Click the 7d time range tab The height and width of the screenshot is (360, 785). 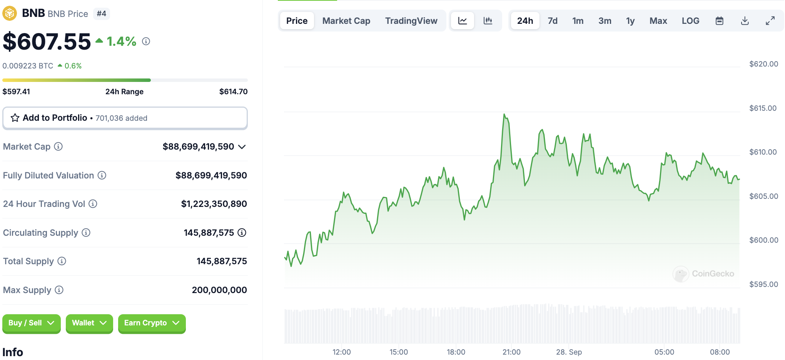553,21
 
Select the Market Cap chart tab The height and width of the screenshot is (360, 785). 346,21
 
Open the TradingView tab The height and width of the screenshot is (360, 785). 411,21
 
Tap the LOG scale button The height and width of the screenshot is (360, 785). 690,21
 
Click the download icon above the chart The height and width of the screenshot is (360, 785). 745,21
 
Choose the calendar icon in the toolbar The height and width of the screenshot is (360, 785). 720,21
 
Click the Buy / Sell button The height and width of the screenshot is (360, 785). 32,323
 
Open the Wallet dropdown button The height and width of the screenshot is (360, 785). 89,323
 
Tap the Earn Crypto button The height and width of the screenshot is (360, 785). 152,323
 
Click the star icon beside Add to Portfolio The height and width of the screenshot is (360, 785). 15,118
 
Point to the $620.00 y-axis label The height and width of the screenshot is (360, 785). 763,64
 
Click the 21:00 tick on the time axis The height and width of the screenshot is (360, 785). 511,352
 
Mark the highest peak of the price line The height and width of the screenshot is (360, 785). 504,114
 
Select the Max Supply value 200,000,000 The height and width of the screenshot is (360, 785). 219,290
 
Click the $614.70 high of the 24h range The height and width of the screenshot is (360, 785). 234,92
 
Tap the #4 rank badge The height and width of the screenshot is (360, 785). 102,14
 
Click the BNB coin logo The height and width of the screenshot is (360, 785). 10,13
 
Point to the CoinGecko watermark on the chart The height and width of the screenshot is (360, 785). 703,274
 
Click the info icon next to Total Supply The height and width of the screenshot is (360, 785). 62,261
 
